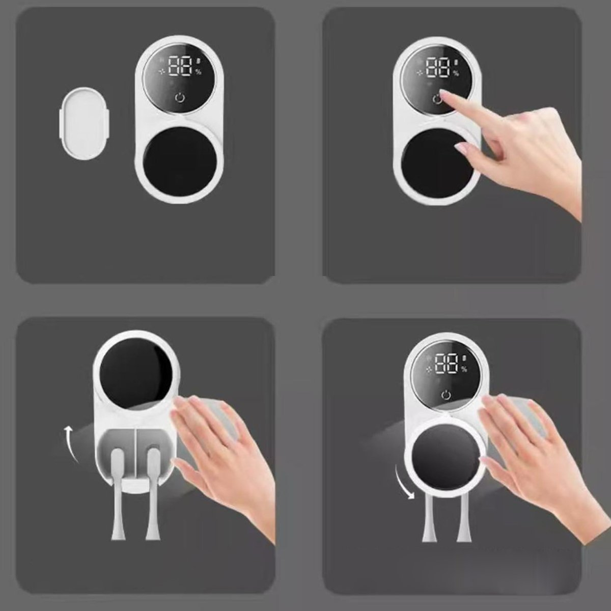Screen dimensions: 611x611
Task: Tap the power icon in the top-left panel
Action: click(x=180, y=98)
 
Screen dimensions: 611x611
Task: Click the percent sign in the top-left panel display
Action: click(x=198, y=72)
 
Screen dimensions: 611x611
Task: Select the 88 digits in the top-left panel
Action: click(x=180, y=66)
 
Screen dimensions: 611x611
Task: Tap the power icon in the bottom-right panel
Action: click(x=446, y=395)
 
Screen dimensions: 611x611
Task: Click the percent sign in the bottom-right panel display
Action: click(x=464, y=369)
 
